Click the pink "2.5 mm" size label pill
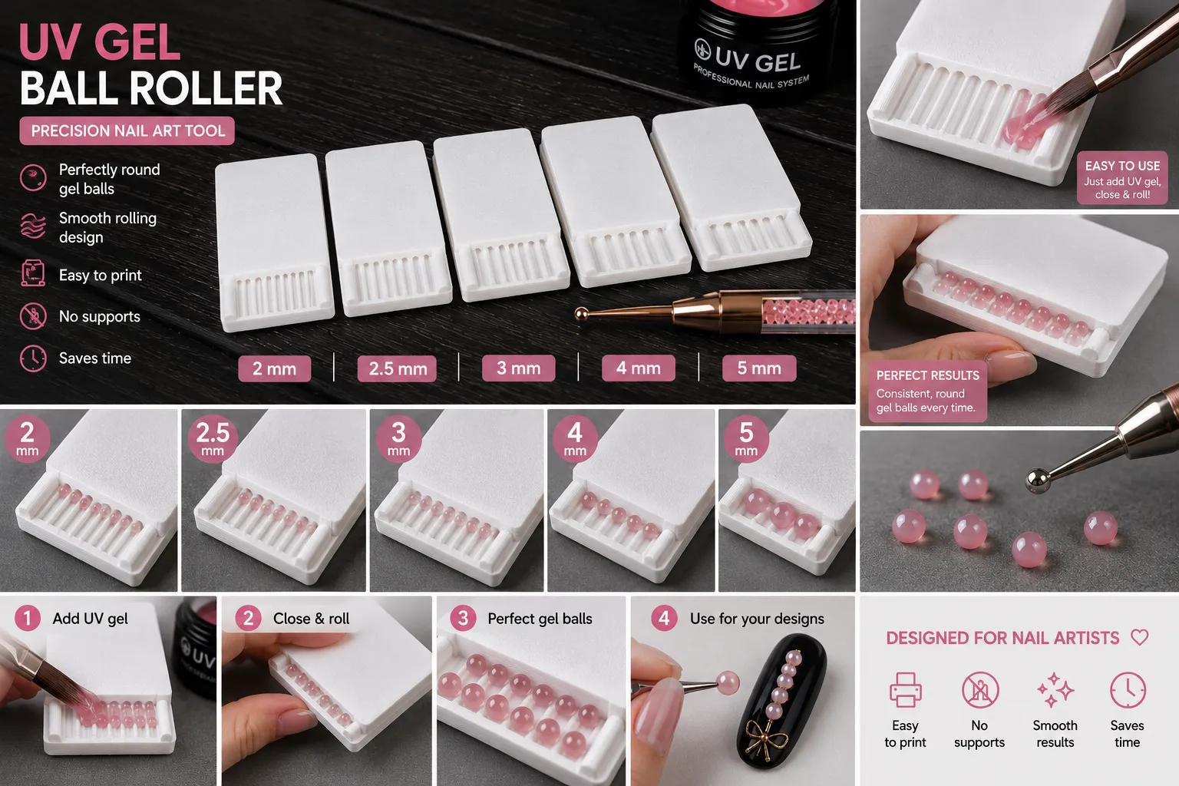click(x=397, y=368)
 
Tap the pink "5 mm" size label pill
click(x=759, y=368)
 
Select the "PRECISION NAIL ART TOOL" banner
click(x=127, y=130)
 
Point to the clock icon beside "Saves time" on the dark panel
click(x=33, y=358)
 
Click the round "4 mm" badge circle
click(x=575, y=438)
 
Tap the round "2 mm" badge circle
click(x=27, y=438)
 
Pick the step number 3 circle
click(x=463, y=618)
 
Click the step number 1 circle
click(x=28, y=618)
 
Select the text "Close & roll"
click(x=311, y=619)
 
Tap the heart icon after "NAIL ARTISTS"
click(x=1140, y=638)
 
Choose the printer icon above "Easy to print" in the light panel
click(x=905, y=689)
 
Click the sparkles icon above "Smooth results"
click(x=1055, y=689)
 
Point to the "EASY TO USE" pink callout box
click(x=1122, y=178)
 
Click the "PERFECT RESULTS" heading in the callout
click(x=927, y=375)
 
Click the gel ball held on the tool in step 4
click(x=728, y=683)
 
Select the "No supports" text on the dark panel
click(x=100, y=316)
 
